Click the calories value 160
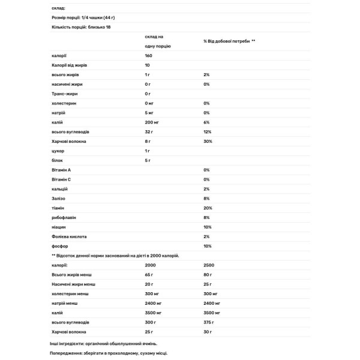pos(149,55)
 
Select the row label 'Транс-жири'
pos(65,94)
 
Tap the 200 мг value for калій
pos(152,122)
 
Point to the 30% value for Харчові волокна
pos(208,142)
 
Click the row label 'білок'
pos(58,160)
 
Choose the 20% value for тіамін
pos(208,208)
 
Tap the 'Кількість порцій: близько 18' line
pos(82,27)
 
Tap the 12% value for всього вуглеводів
pos(208,132)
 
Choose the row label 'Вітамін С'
pos(62,179)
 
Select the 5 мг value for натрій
pos(150,113)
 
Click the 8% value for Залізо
pos(206,199)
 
